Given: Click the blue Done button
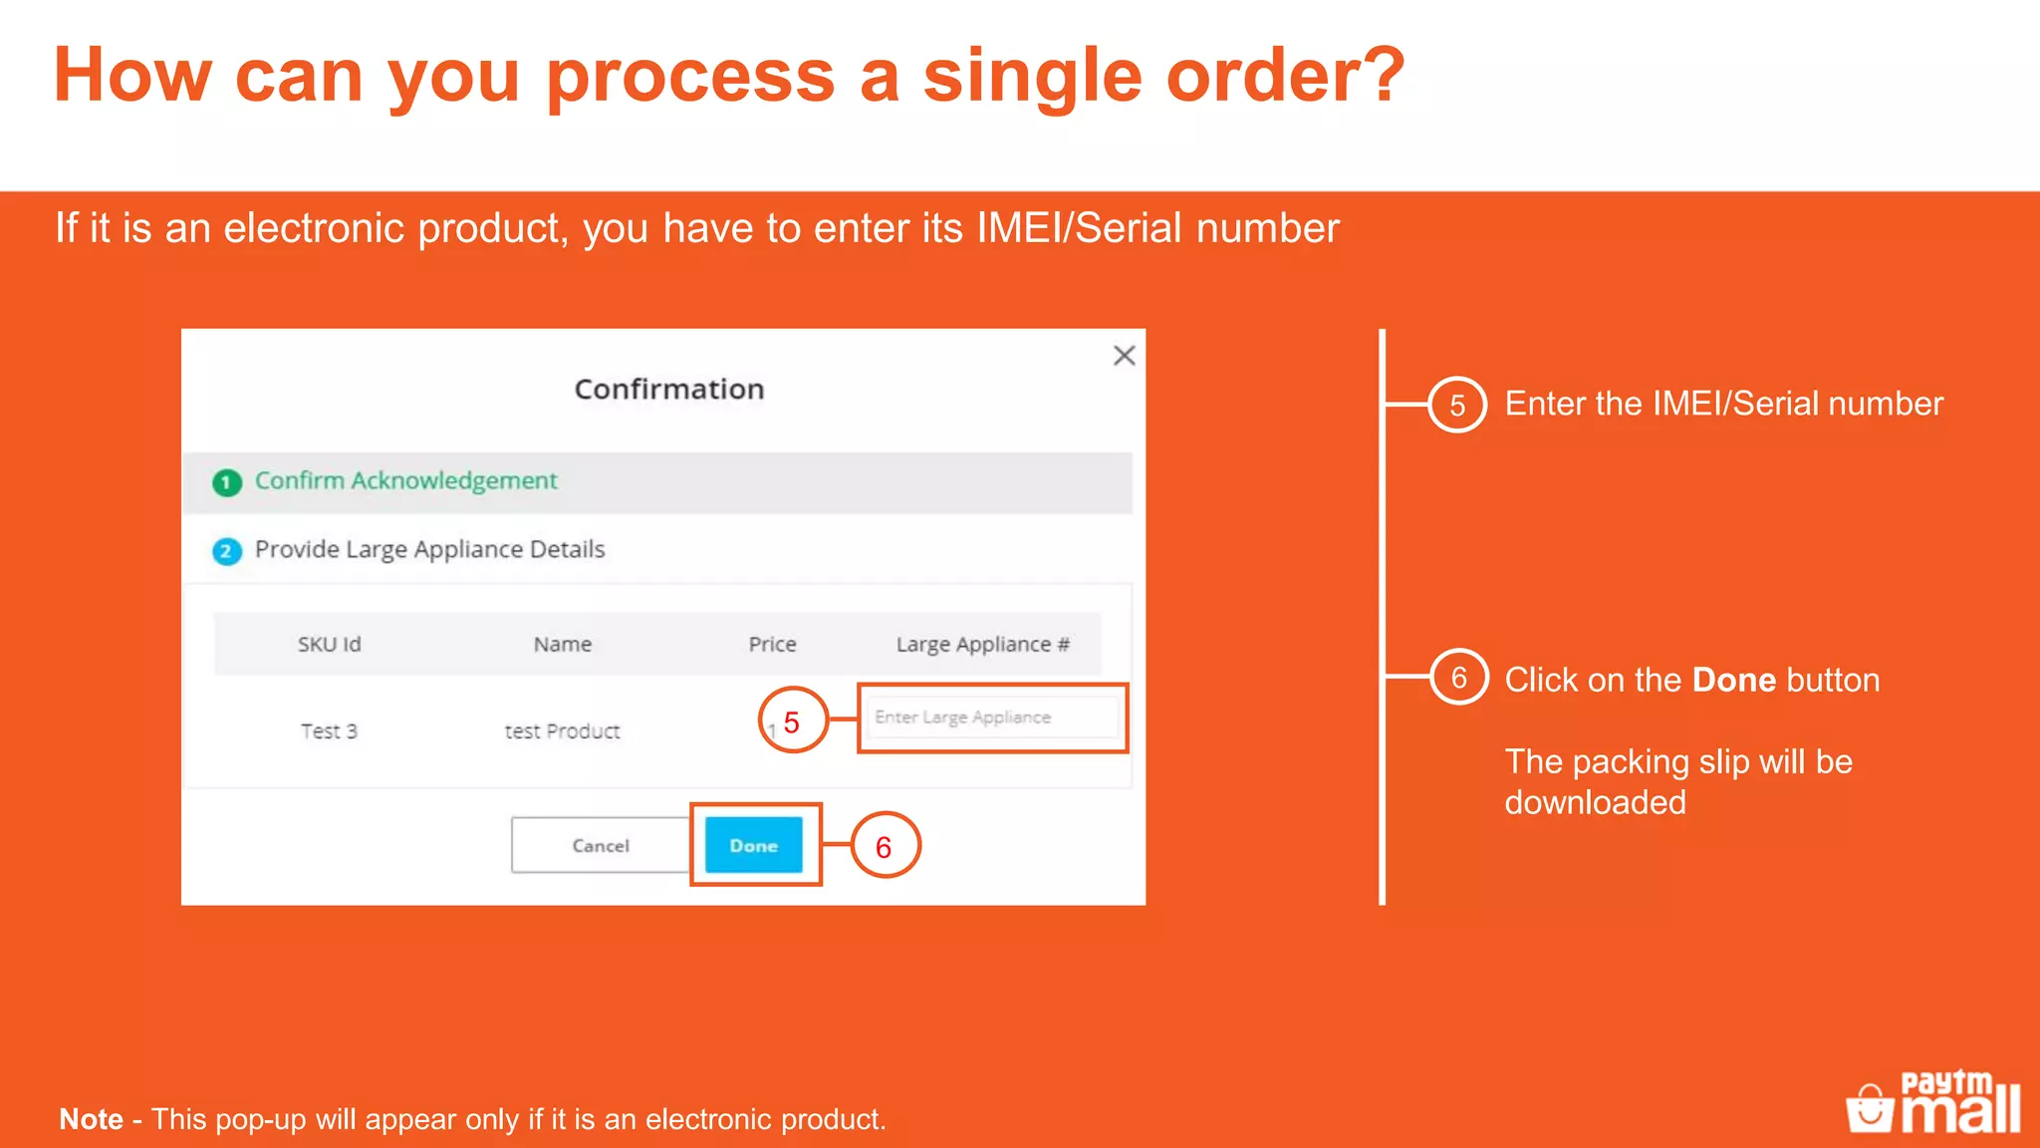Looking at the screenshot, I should (x=753, y=845).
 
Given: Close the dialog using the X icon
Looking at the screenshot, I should (x=1124, y=356).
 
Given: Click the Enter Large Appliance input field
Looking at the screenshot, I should (x=992, y=717).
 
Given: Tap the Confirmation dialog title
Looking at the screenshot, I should (x=669, y=389).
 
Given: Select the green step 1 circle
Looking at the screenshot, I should (x=227, y=483).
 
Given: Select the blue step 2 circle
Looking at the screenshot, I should (x=227, y=551).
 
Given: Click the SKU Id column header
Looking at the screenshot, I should (x=329, y=645).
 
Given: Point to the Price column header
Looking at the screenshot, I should (x=772, y=645).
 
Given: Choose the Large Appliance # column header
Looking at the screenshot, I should (x=982, y=645).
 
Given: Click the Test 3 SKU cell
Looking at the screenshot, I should (x=329, y=731).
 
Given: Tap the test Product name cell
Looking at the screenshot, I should (x=562, y=731).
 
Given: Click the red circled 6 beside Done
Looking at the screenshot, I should (x=884, y=846).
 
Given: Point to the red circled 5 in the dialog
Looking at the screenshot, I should (x=793, y=720).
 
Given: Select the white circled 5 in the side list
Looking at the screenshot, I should (x=1457, y=405).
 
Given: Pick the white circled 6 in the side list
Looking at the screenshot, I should (x=1459, y=678).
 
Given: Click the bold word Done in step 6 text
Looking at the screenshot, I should (x=1734, y=680).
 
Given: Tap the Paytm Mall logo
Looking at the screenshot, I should (x=1933, y=1102).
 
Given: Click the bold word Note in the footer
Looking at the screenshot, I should (x=92, y=1119).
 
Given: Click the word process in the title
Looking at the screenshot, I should (x=690, y=76).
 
